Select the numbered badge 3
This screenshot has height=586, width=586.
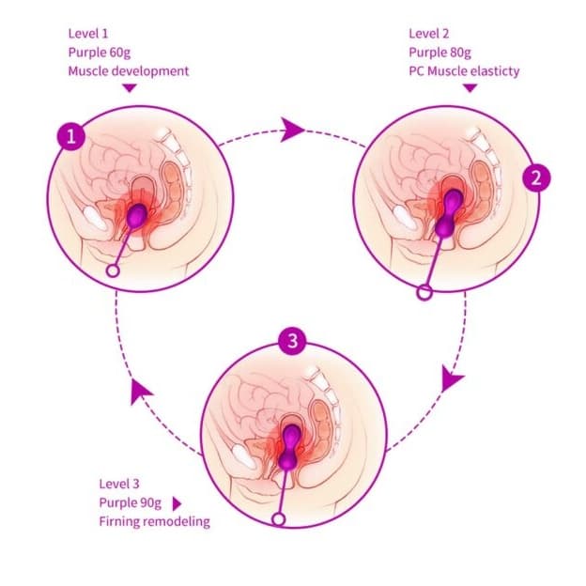(x=293, y=341)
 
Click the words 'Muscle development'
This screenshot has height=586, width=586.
(x=129, y=70)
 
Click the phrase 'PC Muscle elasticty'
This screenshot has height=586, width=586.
(x=465, y=70)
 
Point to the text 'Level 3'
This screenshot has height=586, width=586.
(x=118, y=484)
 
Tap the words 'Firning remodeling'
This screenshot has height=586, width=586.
(x=154, y=521)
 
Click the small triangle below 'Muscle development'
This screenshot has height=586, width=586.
(x=130, y=87)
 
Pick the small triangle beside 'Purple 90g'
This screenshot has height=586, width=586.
(x=176, y=503)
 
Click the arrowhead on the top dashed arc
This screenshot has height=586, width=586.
(x=292, y=130)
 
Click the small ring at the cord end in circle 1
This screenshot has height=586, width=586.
(x=115, y=270)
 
